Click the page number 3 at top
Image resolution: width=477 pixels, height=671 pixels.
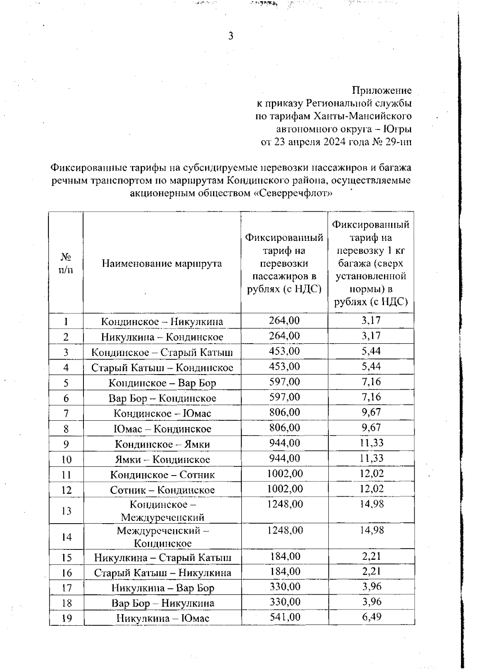click(x=231, y=37)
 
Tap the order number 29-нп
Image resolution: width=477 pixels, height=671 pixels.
click(x=398, y=142)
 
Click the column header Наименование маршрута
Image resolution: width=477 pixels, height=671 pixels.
click(x=162, y=263)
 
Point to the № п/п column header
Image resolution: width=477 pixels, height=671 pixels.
click(x=66, y=263)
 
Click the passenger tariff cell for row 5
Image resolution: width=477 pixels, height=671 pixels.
click(x=284, y=382)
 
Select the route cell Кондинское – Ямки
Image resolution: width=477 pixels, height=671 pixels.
click(x=162, y=444)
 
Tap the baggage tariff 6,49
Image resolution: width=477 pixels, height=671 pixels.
click(x=371, y=617)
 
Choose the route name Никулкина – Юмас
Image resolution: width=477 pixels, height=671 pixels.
click(x=162, y=618)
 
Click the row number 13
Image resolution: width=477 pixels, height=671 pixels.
click(x=66, y=511)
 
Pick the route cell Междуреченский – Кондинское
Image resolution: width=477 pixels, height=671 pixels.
click(x=162, y=537)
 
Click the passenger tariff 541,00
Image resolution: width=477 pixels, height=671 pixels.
click(x=285, y=617)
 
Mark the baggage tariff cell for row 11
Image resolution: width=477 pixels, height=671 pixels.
click(x=371, y=474)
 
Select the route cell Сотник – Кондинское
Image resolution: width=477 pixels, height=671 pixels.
click(x=162, y=490)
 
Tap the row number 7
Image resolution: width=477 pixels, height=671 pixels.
click(x=66, y=414)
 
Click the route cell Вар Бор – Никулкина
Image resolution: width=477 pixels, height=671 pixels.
click(x=162, y=603)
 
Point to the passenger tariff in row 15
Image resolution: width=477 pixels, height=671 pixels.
click(x=285, y=556)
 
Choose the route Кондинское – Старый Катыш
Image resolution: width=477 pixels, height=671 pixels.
click(x=162, y=352)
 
